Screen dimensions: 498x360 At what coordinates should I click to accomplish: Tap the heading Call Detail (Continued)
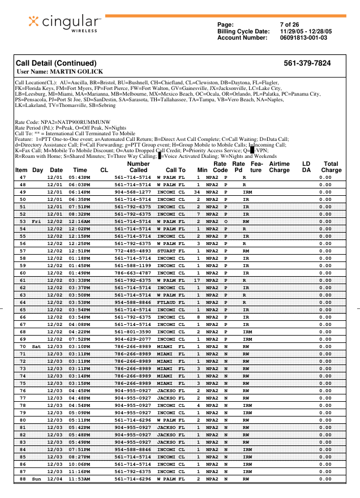tap(56, 63)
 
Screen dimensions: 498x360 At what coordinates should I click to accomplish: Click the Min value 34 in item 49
tap(198, 192)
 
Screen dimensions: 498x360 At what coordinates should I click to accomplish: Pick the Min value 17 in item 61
tap(198, 280)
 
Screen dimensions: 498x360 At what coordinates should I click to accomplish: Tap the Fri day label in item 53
tap(37, 221)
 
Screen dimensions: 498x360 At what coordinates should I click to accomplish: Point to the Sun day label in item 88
tap(37, 479)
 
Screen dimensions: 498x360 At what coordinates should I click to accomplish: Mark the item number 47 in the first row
tap(23, 178)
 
